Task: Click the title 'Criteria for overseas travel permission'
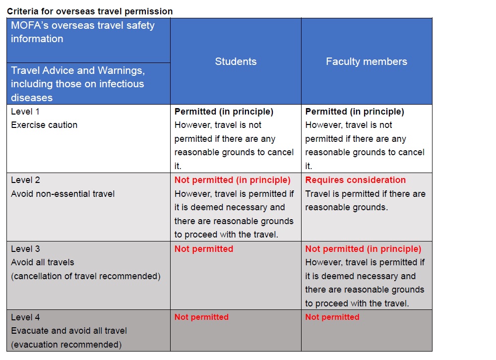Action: click(x=90, y=11)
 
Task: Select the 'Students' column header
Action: click(x=236, y=61)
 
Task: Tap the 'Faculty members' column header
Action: click(x=367, y=61)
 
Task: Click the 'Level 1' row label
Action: click(x=25, y=112)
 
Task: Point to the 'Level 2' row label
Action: click(x=25, y=180)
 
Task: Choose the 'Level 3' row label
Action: click(x=25, y=248)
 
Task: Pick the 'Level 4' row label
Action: click(x=25, y=317)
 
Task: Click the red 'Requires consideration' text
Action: click(x=355, y=180)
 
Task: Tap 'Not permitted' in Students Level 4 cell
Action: click(x=201, y=317)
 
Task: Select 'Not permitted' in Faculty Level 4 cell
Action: click(x=332, y=317)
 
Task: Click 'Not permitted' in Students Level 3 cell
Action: click(x=204, y=248)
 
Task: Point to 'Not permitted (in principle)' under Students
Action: click(x=232, y=180)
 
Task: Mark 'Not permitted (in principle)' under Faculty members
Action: click(x=363, y=248)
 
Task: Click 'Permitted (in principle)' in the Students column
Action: click(x=224, y=112)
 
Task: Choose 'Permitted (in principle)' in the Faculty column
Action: click(x=355, y=112)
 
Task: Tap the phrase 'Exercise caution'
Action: click(x=44, y=125)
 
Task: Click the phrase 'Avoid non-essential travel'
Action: click(x=62, y=193)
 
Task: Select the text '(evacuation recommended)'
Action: click(x=66, y=344)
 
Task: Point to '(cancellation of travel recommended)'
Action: click(x=86, y=276)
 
